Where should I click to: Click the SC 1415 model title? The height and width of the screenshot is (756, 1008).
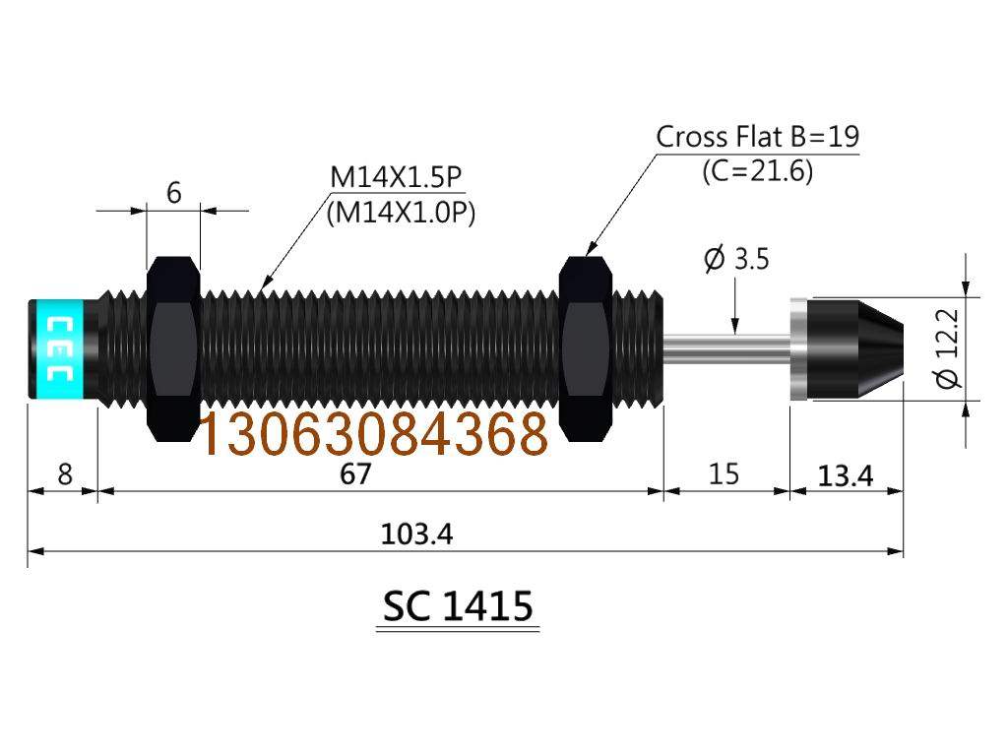coord(458,607)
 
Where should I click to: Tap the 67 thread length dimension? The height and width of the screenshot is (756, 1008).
coord(355,474)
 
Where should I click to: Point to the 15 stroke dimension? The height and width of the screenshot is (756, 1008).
coord(724,474)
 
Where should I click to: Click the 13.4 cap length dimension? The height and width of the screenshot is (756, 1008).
coord(847,476)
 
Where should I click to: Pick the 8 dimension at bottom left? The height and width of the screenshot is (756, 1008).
coord(65,474)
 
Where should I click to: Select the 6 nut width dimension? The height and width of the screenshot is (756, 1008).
coord(173,193)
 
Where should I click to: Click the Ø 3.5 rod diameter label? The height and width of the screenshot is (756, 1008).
coord(736,260)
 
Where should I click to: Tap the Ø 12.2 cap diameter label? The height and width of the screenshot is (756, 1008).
coord(950,348)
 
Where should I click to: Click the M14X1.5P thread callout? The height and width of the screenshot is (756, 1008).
coord(396,178)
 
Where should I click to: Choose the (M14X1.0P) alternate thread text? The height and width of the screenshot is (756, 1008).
coord(401,214)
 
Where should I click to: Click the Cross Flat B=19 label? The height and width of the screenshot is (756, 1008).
coord(757,136)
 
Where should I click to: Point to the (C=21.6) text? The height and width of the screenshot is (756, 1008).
coord(757,171)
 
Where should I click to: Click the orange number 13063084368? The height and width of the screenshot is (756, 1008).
coord(373,434)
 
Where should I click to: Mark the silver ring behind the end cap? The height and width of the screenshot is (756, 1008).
coord(797,347)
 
